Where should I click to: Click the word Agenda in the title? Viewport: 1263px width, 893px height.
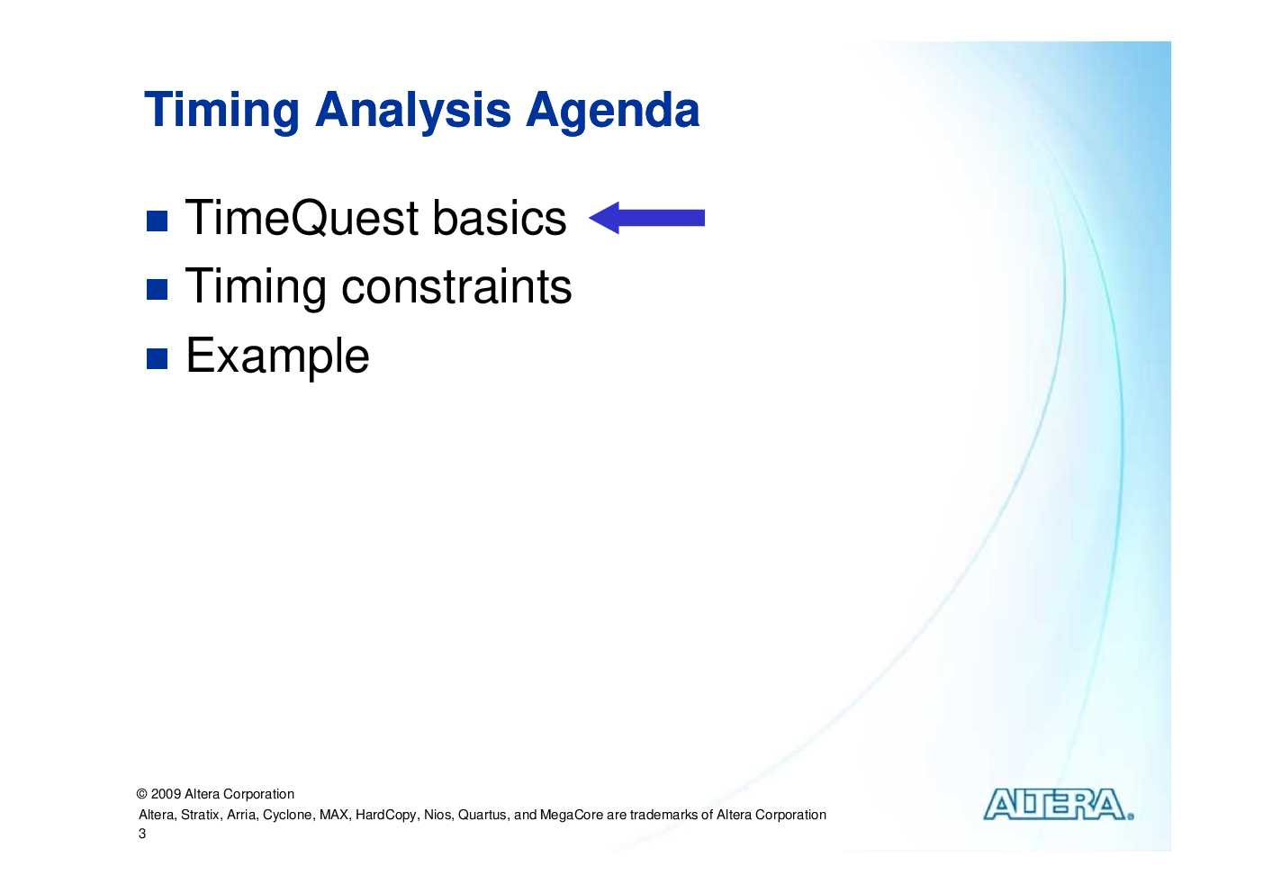point(612,112)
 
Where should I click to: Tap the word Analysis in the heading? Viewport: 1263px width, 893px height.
point(412,112)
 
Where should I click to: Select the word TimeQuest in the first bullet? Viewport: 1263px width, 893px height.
point(302,218)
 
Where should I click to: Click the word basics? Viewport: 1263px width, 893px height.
point(499,218)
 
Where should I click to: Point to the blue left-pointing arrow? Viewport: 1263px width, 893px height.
point(646,218)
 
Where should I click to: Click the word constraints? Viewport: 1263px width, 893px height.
point(456,286)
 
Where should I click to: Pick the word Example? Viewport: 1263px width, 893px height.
point(277,356)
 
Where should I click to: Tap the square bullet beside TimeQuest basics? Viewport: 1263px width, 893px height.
point(157,221)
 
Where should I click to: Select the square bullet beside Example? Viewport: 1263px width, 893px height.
point(157,358)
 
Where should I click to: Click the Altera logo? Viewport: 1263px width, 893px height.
point(1059,804)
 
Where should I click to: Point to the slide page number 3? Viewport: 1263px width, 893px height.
point(142,834)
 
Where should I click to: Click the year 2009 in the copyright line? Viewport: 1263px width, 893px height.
point(166,794)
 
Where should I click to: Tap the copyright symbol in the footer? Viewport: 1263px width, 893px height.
point(142,794)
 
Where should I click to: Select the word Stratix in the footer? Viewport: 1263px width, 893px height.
point(201,815)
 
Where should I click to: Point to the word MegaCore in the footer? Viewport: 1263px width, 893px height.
point(571,816)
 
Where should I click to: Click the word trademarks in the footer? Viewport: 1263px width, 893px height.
point(663,815)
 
